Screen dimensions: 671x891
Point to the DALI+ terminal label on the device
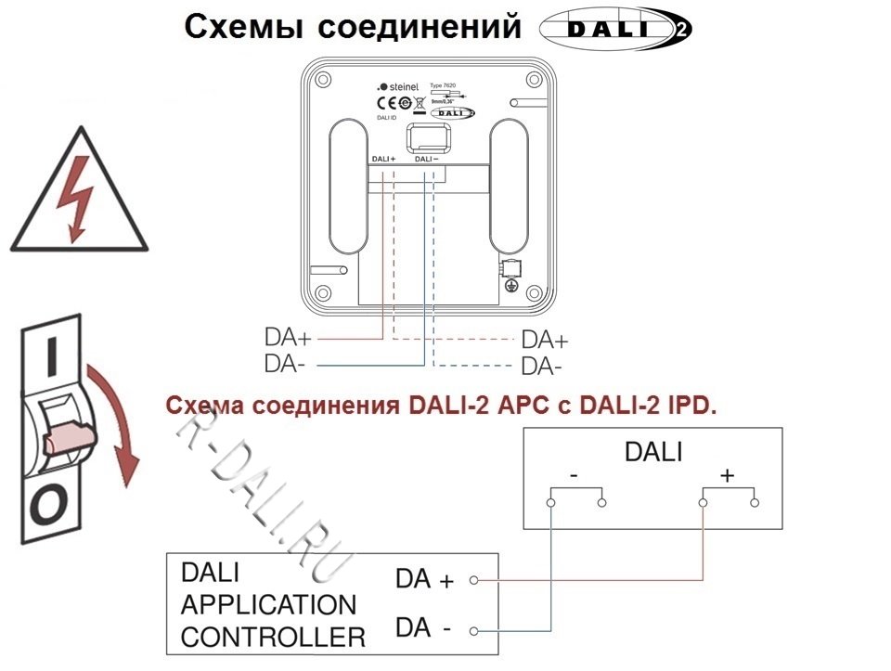[x=382, y=159]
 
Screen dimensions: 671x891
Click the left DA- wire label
[x=285, y=364]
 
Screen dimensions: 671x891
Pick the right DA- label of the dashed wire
[x=542, y=367]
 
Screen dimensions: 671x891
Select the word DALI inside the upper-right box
[x=653, y=452]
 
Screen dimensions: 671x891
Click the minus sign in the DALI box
[x=575, y=474]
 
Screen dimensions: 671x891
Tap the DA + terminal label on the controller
[x=424, y=580]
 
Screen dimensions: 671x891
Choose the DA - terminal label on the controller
[x=423, y=629]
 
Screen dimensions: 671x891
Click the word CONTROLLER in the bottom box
[x=273, y=638]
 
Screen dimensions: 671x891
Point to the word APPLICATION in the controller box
[x=268, y=605]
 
